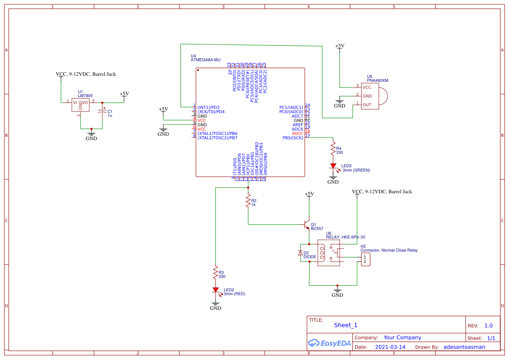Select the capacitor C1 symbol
tap(103, 111)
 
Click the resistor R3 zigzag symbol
tap(215, 273)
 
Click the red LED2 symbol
tap(215, 290)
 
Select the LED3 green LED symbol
tap(333, 166)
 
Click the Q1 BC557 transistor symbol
tap(307, 225)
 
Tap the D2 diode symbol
tap(300, 253)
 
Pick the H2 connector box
tap(364, 259)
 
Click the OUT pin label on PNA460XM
tap(367, 104)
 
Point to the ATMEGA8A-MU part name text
tap(206, 60)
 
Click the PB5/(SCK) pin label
tap(293, 138)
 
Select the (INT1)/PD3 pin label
tap(209, 107)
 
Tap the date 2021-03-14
tap(390, 347)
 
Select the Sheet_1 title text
tap(346, 325)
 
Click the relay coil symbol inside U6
tap(323, 252)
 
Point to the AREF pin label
tap(297, 125)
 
